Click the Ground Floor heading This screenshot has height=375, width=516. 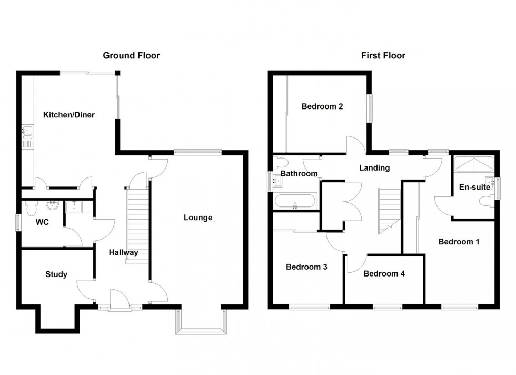pyautogui.click(x=131, y=55)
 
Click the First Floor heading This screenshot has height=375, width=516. pyautogui.click(x=383, y=55)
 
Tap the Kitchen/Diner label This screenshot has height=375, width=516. pyautogui.click(x=69, y=115)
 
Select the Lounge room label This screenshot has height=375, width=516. pyautogui.click(x=198, y=218)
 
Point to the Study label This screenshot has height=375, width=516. pyautogui.click(x=56, y=274)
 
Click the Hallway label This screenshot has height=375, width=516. pyautogui.click(x=124, y=252)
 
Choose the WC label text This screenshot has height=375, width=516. pyautogui.click(x=42, y=222)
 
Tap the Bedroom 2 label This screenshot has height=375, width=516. pyautogui.click(x=322, y=106)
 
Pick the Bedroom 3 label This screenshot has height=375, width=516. pyautogui.click(x=306, y=267)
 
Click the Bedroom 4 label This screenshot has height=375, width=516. pyautogui.click(x=384, y=273)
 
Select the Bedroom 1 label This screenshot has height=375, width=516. pyautogui.click(x=459, y=242)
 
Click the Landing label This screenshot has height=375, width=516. pyautogui.click(x=374, y=168)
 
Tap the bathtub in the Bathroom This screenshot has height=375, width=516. pyautogui.click(x=295, y=201)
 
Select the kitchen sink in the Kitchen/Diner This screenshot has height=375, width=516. pyautogui.click(x=26, y=131)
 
